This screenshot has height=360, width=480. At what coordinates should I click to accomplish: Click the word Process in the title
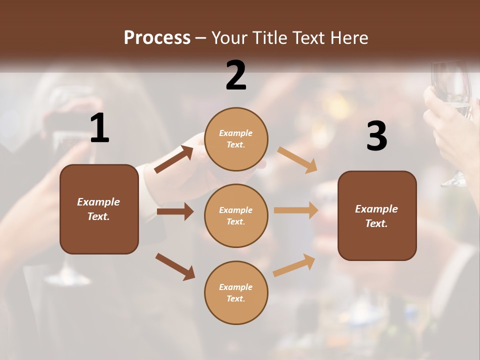157,38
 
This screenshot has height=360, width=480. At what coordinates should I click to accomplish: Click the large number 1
99,128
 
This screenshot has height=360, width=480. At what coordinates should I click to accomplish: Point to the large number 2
236,75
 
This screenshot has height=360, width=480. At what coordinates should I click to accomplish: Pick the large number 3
376,136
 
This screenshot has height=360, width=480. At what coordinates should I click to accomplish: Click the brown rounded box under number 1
99,209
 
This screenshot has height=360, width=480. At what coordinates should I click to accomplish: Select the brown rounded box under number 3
377,215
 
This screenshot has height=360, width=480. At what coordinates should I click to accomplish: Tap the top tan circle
236,139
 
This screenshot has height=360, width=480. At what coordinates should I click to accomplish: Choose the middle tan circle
236,215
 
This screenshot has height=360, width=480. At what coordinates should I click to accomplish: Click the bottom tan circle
236,292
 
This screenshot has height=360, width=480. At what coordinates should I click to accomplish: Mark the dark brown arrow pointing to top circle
173,159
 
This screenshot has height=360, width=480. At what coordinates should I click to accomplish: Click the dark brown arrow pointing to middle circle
175,211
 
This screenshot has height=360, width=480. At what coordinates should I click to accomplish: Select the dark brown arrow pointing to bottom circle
175,266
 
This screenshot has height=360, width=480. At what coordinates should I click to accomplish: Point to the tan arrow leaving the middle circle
296,210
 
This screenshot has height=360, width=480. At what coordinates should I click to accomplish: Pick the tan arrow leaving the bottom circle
294,265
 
